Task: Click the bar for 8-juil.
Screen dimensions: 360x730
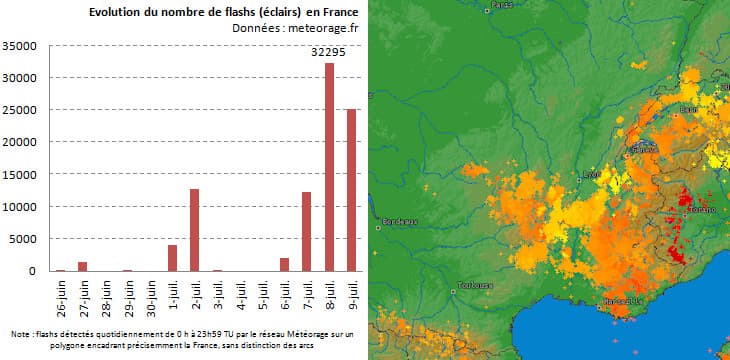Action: (329, 167)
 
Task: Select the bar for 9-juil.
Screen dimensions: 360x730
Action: (351, 190)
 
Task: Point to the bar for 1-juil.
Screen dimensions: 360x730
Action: (172, 258)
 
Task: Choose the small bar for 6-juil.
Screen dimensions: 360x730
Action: (284, 265)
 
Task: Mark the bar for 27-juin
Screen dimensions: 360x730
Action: (83, 267)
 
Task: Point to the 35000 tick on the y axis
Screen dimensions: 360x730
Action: (20, 46)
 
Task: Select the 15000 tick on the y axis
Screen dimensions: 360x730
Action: (20, 175)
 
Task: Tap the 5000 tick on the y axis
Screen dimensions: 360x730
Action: (23, 239)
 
